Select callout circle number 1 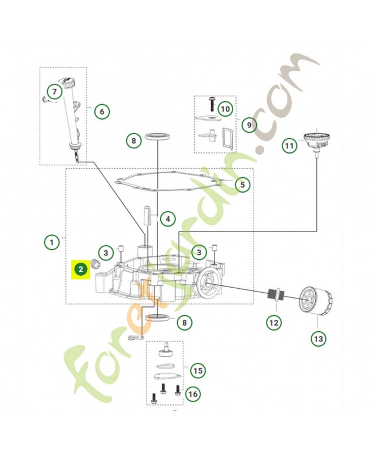coord(52,242)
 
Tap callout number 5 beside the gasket coord(242,184)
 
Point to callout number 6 coord(102,111)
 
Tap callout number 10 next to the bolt coord(225,108)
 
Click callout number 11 coord(290,146)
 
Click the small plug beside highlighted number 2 coord(96,266)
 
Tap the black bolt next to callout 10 coord(212,104)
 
